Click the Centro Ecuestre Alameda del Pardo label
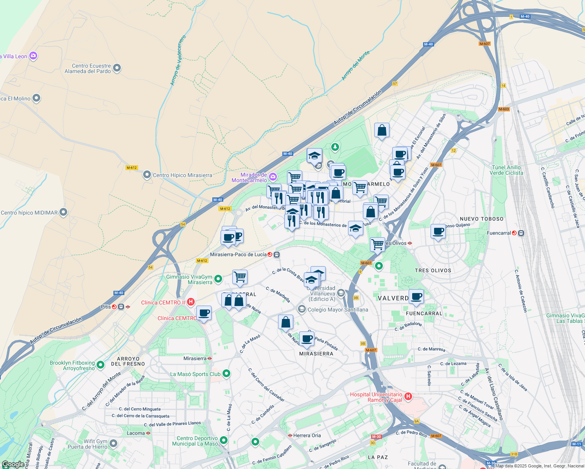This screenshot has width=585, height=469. (88, 68)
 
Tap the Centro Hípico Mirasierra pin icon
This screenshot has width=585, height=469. (147, 175)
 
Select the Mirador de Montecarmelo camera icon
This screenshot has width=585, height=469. (273, 177)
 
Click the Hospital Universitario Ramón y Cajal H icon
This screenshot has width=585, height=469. (408, 397)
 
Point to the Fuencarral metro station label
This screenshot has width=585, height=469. (499, 233)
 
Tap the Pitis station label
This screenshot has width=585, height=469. (106, 307)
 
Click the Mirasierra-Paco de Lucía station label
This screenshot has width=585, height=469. (238, 254)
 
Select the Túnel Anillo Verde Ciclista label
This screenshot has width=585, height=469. (506, 170)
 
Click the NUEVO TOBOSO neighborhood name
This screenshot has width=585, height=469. (481, 219)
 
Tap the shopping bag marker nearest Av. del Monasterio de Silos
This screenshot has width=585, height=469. (382, 131)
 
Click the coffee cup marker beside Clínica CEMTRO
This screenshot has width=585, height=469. (204, 313)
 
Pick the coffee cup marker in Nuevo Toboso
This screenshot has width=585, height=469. (438, 231)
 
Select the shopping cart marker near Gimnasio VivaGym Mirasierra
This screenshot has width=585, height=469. (240, 277)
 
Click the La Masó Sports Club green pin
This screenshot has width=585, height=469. (226, 374)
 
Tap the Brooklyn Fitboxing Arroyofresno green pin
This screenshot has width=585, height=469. (100, 365)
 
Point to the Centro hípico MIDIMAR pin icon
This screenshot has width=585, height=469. (63, 212)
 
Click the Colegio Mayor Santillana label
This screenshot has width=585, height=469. (338, 310)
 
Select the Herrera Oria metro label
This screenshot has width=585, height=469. (307, 435)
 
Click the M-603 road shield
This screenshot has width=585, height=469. (504, 109)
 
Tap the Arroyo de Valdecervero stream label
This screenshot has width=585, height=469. (178, 61)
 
